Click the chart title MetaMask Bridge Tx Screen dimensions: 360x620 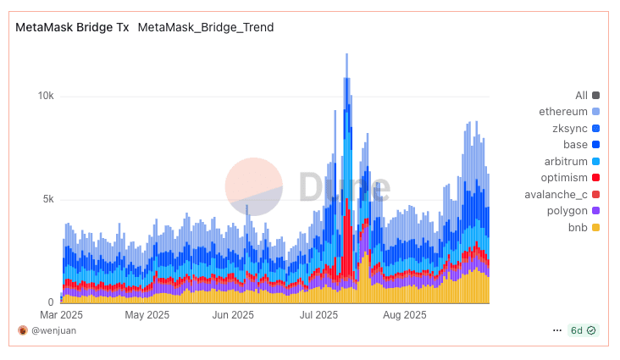[72, 27]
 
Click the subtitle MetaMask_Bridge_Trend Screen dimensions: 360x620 [205, 27]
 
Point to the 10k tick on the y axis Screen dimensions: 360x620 [45, 96]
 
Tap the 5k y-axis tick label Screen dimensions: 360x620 [47, 199]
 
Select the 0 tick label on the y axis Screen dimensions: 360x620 [51, 302]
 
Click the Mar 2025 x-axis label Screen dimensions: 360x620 [61, 315]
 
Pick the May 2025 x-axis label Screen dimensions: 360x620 [147, 315]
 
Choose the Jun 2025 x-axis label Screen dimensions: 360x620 [232, 315]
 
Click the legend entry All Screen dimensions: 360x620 [581, 96]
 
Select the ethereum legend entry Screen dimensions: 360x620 [563, 112]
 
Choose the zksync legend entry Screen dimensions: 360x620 [569, 128]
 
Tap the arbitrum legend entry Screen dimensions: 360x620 [566, 161]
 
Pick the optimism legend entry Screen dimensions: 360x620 [564, 177]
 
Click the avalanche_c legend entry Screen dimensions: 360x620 [556, 194]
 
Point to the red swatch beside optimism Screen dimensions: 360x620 [596, 177]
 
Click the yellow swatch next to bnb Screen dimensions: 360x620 [596, 227]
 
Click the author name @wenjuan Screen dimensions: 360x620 [53, 330]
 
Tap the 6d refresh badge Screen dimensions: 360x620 [584, 330]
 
